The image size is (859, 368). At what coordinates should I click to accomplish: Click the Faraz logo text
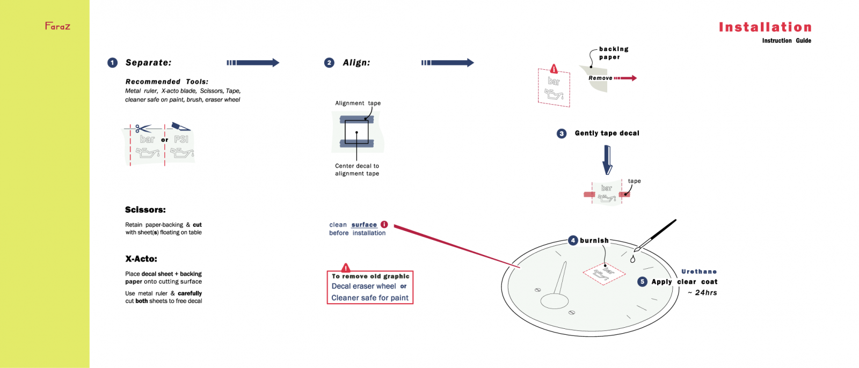click(57, 26)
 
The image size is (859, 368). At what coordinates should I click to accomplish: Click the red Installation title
click(765, 27)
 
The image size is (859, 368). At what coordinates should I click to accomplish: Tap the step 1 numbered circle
click(112, 63)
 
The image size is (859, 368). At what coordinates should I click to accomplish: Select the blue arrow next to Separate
click(253, 63)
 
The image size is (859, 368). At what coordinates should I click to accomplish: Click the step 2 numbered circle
click(329, 63)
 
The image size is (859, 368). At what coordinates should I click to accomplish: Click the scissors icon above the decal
click(142, 129)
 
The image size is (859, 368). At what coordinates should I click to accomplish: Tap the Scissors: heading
click(145, 210)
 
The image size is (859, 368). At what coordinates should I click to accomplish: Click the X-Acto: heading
click(141, 259)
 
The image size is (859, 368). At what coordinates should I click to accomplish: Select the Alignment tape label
click(358, 103)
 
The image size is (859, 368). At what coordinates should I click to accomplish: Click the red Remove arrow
click(625, 78)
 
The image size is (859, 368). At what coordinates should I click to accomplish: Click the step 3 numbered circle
click(562, 134)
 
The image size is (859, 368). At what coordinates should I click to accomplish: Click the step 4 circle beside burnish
click(573, 240)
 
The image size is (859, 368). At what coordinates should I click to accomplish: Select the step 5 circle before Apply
click(642, 282)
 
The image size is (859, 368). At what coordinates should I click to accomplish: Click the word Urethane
click(699, 271)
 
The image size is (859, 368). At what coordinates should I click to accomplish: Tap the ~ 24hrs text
click(702, 292)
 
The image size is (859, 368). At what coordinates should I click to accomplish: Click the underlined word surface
click(364, 225)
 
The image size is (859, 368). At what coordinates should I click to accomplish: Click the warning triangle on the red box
click(346, 268)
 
